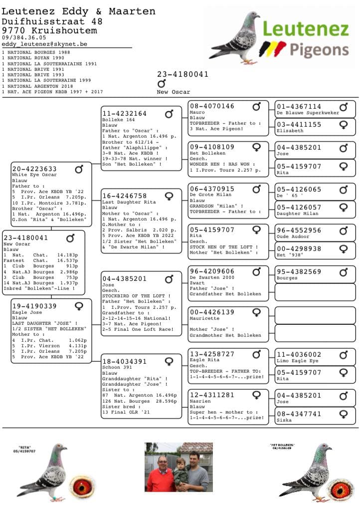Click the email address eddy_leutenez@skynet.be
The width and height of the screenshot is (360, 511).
pos(44,44)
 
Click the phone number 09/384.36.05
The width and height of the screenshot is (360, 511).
pos(24,37)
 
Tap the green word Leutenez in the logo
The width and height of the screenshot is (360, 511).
pos(306,29)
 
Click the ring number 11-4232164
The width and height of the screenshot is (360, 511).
pos(125,114)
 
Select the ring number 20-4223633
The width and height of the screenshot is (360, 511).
pos(34,169)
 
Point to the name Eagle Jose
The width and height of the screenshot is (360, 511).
pos(23,312)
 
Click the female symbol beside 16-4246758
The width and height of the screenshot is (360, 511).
pos(169,196)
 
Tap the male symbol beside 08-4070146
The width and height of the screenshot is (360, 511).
pos(256,106)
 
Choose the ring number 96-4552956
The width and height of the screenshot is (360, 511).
pos(299,231)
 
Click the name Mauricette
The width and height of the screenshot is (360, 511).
pos(204,318)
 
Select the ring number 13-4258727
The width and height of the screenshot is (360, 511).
pos(212,354)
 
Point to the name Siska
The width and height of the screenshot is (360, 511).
pos(285,420)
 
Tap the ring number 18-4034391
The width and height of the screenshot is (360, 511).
pos(125,362)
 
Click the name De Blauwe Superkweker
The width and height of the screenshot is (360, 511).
pos(308,113)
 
